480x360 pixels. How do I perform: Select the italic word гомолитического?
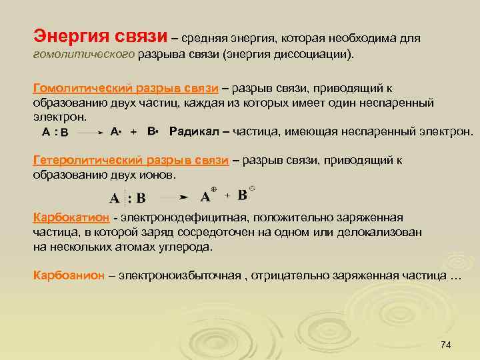(83, 53)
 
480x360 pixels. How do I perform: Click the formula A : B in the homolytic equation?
(55, 133)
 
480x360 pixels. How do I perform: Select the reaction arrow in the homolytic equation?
(90, 133)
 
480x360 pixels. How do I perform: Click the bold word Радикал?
(193, 131)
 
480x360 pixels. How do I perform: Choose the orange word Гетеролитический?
(81, 161)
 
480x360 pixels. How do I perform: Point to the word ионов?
(159, 175)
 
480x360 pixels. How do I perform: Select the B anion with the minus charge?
(245, 194)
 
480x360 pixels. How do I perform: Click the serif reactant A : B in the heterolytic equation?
(127, 198)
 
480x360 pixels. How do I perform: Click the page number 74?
(446, 344)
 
